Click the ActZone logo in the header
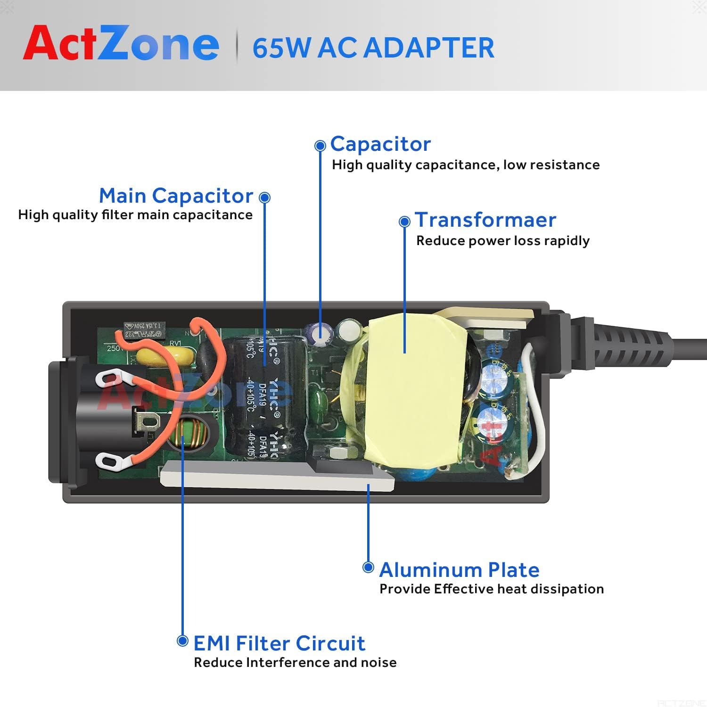[121, 43]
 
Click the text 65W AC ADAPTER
[373, 48]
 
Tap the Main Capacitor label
[176, 196]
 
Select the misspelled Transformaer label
[485, 220]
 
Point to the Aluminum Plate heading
[459, 570]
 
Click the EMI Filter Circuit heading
[279, 643]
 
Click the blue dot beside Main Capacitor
[265, 197]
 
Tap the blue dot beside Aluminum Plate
[368, 567]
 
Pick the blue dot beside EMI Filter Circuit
[182, 641]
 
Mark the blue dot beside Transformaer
[404, 222]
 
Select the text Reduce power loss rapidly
[502, 241]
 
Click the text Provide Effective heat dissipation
[491, 589]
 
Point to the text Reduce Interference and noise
[295, 663]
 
